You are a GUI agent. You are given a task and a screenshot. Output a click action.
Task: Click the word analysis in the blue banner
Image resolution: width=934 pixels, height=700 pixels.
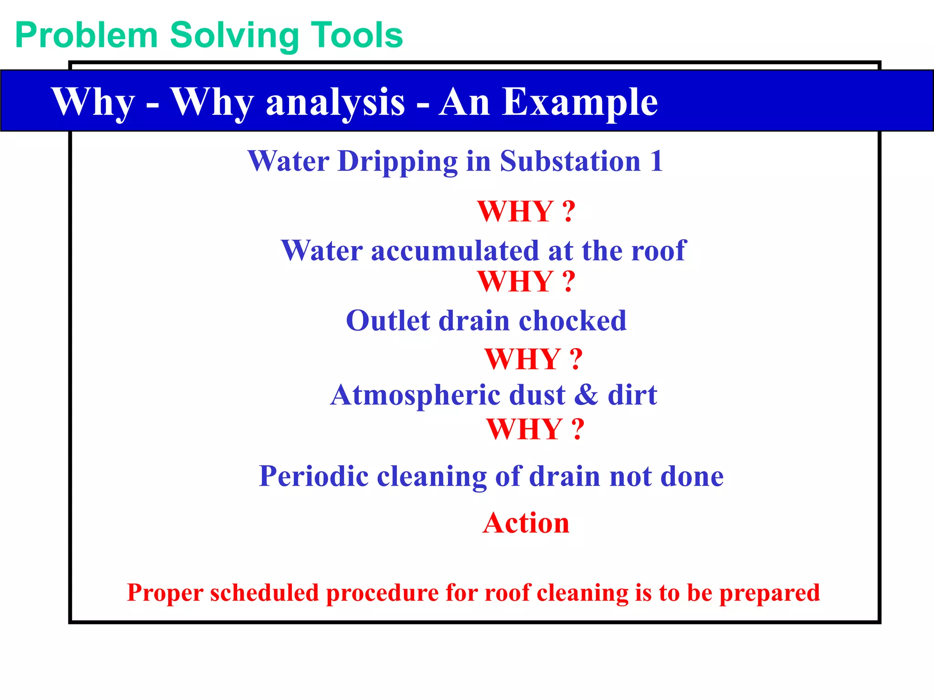click(x=335, y=103)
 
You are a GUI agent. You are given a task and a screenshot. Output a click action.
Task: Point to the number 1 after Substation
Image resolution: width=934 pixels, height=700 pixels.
click(x=656, y=161)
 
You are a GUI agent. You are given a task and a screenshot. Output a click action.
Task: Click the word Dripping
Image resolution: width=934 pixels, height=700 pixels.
click(x=397, y=162)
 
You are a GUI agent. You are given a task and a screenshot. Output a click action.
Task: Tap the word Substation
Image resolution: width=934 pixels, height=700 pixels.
click(x=570, y=161)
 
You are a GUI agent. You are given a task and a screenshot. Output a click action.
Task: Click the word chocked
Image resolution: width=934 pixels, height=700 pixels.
click(x=572, y=321)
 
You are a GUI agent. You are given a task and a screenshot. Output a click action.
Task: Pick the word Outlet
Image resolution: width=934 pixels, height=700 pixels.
click(x=388, y=321)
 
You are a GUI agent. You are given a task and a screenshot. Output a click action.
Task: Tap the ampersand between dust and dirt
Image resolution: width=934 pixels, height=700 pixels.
click(x=586, y=395)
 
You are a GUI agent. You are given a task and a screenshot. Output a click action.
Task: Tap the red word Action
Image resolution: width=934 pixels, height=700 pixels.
click(x=526, y=523)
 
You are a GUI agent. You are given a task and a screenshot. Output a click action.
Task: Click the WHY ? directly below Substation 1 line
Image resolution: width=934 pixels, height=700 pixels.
click(x=526, y=212)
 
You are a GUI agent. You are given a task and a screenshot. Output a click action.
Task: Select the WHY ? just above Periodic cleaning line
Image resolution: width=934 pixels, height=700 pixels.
click(x=535, y=429)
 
